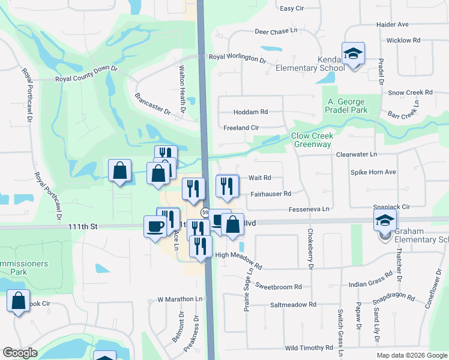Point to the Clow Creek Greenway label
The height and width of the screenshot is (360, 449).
[x=312, y=140]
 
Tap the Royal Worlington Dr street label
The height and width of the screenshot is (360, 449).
[x=237, y=58]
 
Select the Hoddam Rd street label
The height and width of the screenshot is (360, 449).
[x=251, y=112]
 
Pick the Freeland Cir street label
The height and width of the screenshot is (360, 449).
[x=241, y=128]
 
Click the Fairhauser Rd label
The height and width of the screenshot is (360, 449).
[x=271, y=194]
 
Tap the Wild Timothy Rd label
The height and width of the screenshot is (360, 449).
[x=309, y=348]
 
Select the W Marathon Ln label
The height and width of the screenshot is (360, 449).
[x=179, y=299]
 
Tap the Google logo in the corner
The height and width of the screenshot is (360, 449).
[x=20, y=353]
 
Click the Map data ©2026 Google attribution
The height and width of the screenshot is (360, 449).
[x=411, y=355]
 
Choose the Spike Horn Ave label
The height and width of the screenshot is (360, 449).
[x=373, y=172]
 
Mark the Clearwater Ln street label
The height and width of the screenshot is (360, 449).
[x=356, y=154]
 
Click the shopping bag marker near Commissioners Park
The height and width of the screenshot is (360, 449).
[x=18, y=302]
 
